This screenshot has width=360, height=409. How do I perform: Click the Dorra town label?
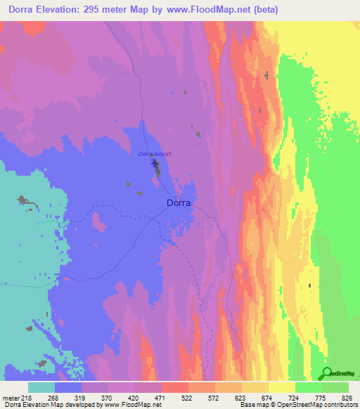pyautogui.click(x=179, y=203)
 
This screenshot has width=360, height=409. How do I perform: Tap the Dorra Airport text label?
pyautogui.click(x=154, y=154)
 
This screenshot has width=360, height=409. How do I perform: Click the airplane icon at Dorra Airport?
pyautogui.click(x=155, y=165)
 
